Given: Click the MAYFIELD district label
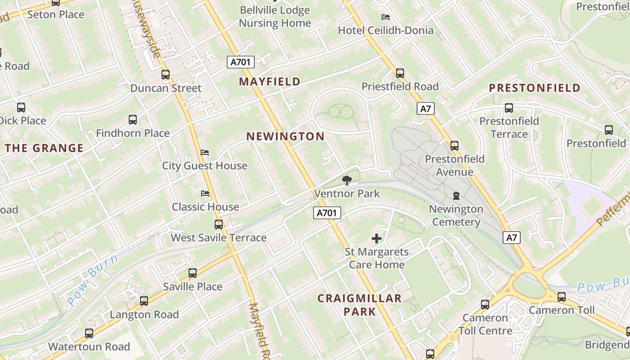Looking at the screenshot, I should click(270, 82).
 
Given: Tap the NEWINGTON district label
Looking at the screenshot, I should click(285, 136).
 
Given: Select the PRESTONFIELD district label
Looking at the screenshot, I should click(535, 88).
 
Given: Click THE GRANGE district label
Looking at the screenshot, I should click(44, 148).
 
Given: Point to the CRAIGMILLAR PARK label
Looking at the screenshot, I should click(359, 305).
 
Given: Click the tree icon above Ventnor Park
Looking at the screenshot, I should click(346, 181).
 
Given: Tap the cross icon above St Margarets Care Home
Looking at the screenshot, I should click(377, 238).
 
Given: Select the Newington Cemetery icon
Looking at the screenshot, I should click(456, 196).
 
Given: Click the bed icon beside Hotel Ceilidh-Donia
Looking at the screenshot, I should click(386, 17).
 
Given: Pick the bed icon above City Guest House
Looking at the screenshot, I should click(205, 153).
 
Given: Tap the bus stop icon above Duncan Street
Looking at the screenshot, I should click(166, 75).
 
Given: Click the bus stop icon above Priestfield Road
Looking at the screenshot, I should click(400, 73).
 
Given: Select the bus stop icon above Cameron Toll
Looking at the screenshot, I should click(562, 297).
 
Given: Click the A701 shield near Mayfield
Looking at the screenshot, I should click(241, 62).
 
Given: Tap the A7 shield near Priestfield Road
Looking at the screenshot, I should click(425, 108).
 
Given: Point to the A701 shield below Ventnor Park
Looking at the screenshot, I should click(327, 213).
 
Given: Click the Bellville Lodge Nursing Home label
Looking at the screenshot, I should click(274, 17).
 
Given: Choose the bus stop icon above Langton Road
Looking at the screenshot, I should click(144, 301).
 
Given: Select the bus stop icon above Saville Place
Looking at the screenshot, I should click(193, 273).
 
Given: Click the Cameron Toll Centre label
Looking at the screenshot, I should click(485, 324).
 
